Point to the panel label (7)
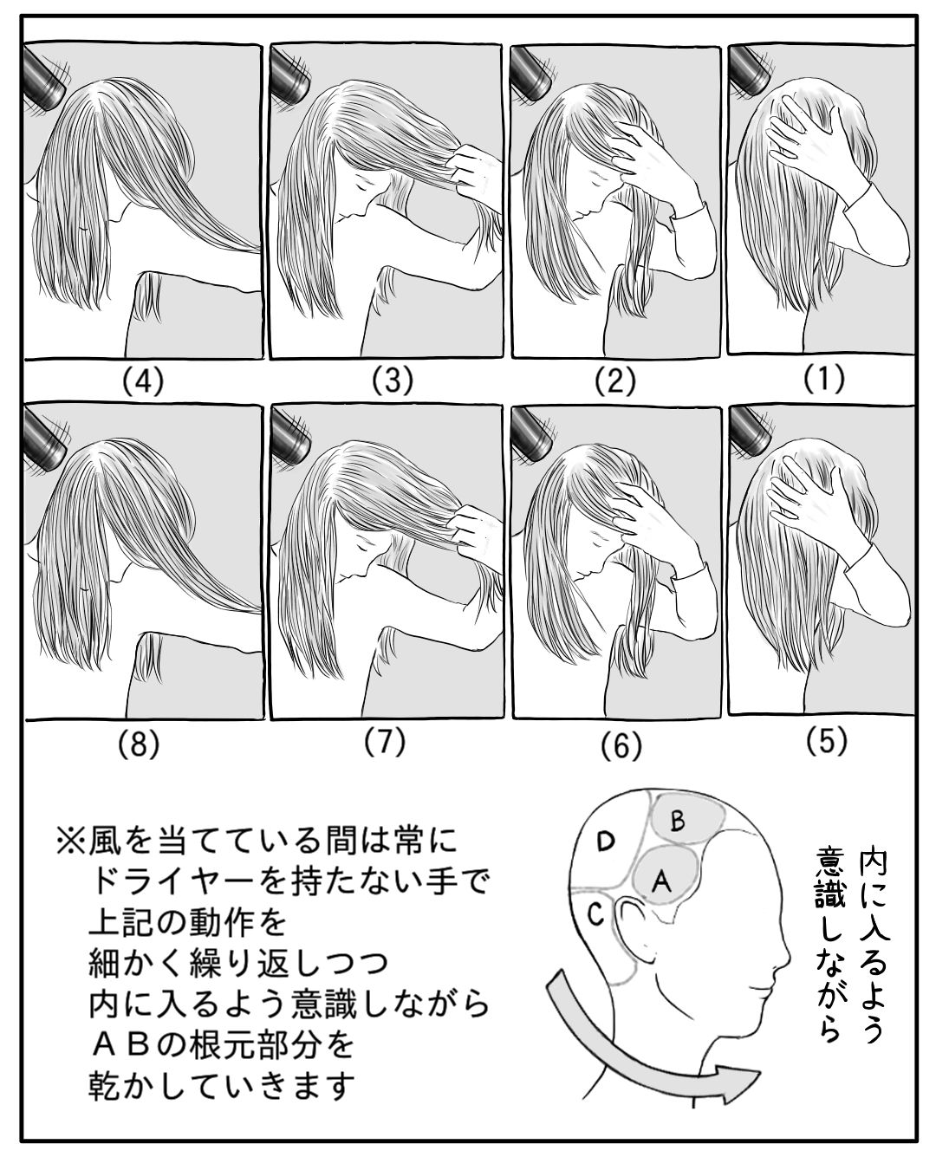point(385,742)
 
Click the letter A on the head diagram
point(661,882)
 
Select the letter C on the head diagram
point(596,915)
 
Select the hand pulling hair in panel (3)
point(475,172)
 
